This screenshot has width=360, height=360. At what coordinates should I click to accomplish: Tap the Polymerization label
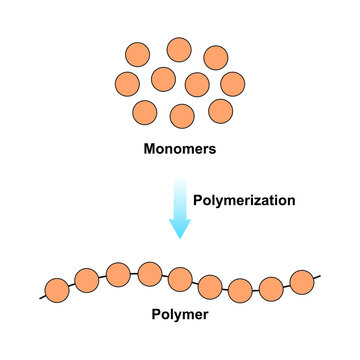[x=244, y=200]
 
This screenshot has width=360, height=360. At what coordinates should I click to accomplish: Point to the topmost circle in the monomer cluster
[x=179, y=50]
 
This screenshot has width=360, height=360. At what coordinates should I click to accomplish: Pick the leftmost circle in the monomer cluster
[x=127, y=83]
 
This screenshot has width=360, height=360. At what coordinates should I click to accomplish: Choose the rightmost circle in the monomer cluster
[x=232, y=82]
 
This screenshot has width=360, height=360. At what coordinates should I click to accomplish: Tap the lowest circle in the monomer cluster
[x=182, y=116]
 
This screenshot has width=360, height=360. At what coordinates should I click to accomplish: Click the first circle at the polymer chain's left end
[x=56, y=291]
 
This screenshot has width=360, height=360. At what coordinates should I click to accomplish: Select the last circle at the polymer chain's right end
[x=302, y=281]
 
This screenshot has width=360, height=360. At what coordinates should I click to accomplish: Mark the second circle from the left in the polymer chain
[x=86, y=279]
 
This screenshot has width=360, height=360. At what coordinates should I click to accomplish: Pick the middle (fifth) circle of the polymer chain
[x=180, y=277]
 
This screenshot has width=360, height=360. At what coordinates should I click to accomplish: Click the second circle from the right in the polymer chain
[x=271, y=290]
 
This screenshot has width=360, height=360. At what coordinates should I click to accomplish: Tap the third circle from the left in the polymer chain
[x=118, y=272]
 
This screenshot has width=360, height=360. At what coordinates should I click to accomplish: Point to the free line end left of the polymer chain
[x=41, y=298]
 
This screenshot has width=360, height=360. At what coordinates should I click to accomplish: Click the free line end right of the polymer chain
[x=320, y=276]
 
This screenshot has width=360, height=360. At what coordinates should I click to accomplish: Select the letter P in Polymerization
[x=198, y=200]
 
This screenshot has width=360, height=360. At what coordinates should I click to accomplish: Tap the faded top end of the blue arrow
[x=179, y=181]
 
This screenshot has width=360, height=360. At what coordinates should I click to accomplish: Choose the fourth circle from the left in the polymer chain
[x=150, y=272]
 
